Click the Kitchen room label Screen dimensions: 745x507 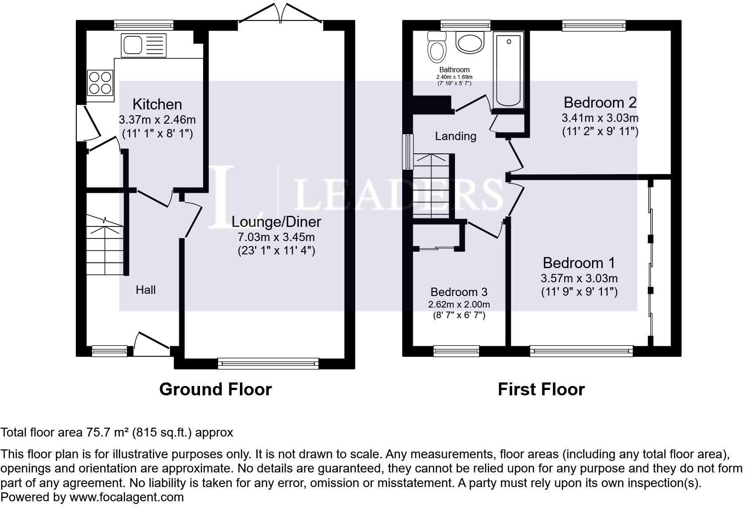[157, 105]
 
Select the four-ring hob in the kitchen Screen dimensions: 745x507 [100, 82]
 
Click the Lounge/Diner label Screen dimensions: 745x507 [276, 222]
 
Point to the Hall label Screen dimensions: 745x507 [145, 290]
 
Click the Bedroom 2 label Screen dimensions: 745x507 [600, 102]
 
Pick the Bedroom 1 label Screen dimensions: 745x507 [579, 263]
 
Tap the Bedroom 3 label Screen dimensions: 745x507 [459, 292]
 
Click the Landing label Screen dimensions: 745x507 [455, 136]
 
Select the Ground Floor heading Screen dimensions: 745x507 [216, 389]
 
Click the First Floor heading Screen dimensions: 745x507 [541, 389]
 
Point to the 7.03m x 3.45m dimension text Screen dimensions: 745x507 [276, 237]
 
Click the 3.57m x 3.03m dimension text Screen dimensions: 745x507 [579, 278]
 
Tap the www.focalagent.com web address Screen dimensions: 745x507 [126, 497]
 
